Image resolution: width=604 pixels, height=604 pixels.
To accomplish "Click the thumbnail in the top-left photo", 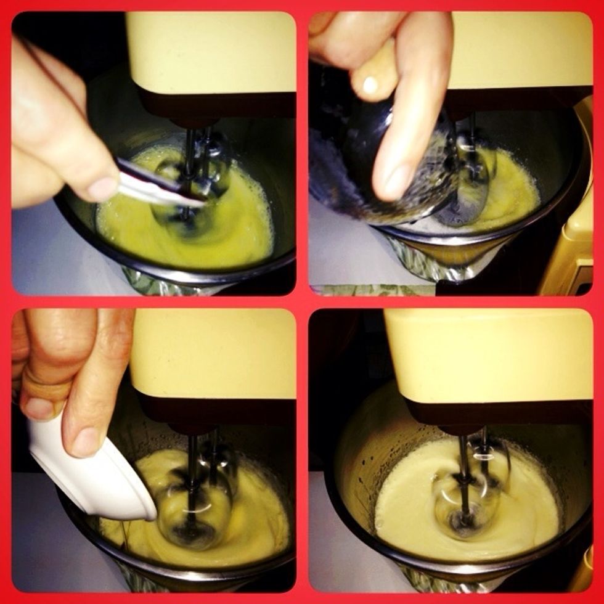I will [x=103, y=188].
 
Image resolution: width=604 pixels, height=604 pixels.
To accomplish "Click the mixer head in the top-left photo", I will [x=210, y=62].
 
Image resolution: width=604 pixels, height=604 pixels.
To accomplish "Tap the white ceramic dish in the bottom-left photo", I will [x=92, y=475].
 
